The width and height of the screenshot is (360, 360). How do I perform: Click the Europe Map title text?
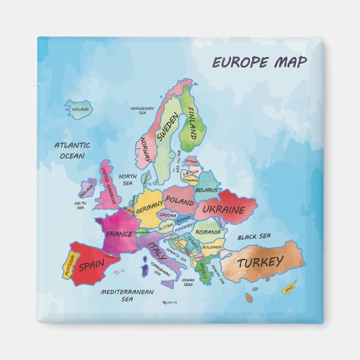click(x=259, y=62)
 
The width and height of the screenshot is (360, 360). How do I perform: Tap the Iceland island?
click(x=79, y=109)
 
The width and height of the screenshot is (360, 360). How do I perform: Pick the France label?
click(x=119, y=234)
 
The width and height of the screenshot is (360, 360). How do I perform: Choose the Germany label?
click(x=149, y=211)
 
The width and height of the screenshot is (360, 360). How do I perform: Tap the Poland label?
click(x=179, y=202)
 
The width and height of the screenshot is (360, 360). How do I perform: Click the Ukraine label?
click(x=223, y=210)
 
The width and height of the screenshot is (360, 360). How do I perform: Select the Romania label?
click(x=207, y=232)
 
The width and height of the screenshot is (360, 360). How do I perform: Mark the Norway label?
click(x=145, y=148)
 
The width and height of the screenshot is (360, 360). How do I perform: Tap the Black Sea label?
click(x=254, y=236)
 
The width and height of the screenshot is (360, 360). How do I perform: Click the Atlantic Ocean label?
click(x=72, y=150)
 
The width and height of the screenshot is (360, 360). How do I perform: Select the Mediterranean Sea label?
click(x=127, y=295)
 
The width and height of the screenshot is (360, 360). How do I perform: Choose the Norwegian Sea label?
click(x=143, y=110)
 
